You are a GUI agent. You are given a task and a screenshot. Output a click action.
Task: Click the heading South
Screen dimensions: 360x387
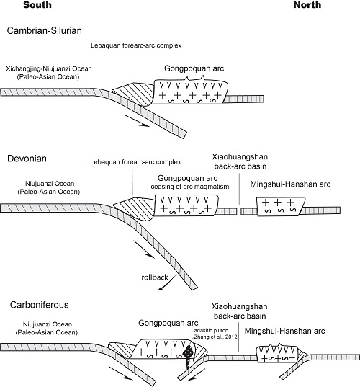[37, 5]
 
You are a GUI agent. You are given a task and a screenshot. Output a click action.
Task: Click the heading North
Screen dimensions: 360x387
[307, 5]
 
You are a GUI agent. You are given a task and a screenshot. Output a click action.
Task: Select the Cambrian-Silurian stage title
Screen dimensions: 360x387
[45, 30]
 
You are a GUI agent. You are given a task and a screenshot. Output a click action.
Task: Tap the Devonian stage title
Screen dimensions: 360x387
[27, 159]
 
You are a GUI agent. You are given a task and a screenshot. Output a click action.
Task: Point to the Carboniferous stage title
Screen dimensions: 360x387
[39, 305]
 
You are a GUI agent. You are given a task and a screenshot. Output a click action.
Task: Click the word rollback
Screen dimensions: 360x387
[155, 277]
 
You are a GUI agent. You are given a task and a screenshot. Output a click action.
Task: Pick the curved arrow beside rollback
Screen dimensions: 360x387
[167, 284]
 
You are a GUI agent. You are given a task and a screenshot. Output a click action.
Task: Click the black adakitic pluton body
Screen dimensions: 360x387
[189, 354]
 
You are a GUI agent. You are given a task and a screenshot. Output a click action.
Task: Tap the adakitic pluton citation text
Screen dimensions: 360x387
[215, 334]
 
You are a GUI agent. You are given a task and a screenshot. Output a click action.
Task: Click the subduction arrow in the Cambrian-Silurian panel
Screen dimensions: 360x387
[137, 121]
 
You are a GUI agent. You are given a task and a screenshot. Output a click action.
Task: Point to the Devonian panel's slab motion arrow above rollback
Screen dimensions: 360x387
[144, 249]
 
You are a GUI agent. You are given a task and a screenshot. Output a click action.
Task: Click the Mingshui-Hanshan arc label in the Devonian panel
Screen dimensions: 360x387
[290, 184]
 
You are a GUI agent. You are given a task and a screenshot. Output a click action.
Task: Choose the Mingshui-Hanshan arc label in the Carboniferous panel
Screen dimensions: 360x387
[285, 331]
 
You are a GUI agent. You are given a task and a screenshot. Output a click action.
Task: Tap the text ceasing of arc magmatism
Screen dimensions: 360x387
[190, 187]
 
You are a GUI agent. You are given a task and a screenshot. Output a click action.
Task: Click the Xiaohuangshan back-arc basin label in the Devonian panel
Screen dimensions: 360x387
[240, 161]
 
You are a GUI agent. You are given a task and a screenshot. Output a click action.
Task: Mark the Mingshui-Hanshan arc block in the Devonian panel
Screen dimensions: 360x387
[281, 207]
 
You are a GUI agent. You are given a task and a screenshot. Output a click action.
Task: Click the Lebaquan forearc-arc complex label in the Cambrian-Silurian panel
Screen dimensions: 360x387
[136, 45]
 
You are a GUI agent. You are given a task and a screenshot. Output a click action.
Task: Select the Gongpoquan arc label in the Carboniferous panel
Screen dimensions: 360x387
[168, 323]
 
